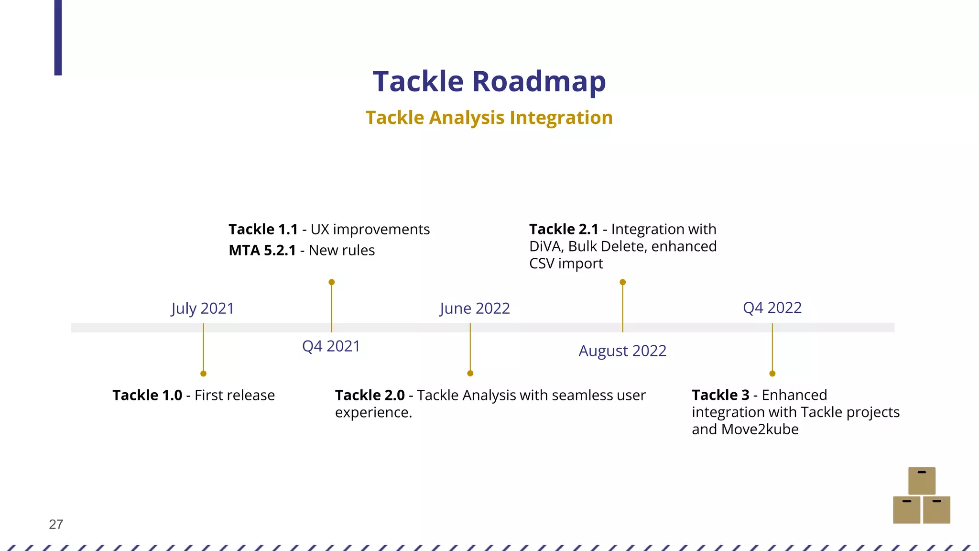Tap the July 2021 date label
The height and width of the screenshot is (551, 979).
click(203, 309)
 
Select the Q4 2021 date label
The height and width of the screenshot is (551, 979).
click(331, 346)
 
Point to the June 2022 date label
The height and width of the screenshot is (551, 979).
click(475, 309)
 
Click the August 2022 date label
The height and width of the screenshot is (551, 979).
click(622, 351)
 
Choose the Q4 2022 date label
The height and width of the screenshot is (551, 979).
click(772, 308)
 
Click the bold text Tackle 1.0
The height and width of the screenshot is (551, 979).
click(147, 396)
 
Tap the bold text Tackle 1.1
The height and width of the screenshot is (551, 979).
click(263, 230)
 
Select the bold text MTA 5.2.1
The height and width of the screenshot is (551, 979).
click(262, 251)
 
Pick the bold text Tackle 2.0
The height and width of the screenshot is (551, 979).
click(370, 396)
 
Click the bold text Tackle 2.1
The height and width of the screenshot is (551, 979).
click(564, 230)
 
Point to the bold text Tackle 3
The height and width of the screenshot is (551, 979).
click(720, 395)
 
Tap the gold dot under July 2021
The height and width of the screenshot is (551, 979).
click(203, 374)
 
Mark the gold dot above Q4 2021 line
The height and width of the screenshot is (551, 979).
click(331, 282)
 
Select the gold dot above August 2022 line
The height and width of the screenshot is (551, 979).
click(622, 282)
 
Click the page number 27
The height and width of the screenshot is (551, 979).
click(56, 525)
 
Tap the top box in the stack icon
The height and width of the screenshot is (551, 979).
click(921, 481)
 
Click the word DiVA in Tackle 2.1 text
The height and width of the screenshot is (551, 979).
click(546, 247)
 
